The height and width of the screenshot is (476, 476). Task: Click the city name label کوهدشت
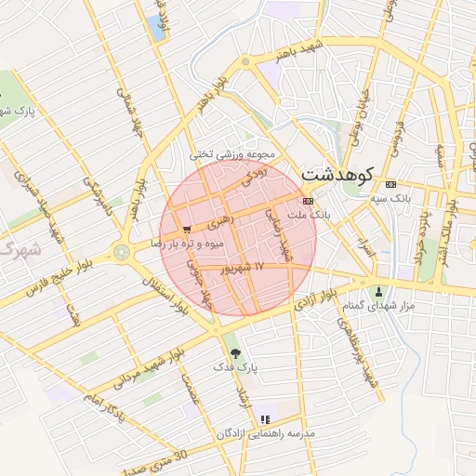336,174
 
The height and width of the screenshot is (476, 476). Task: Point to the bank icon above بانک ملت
308,200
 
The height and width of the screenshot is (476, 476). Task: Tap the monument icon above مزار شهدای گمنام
377,291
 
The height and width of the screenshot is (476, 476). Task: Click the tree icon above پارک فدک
235,353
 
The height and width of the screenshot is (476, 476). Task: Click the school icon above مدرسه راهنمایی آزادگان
265,419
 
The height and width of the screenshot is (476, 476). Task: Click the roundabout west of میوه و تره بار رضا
121,251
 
